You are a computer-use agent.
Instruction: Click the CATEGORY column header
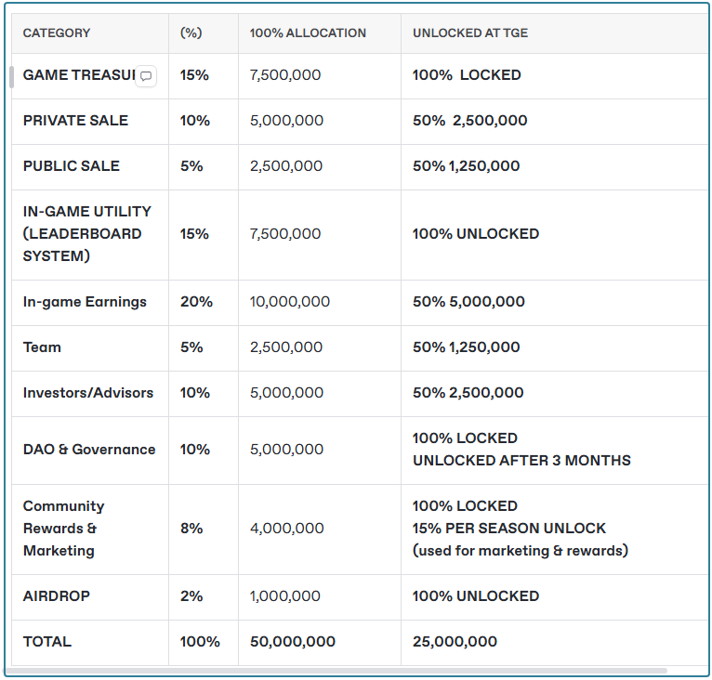click(x=57, y=33)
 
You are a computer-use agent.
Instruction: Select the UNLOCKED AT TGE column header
click(x=470, y=33)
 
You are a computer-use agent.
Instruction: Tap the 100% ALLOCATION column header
click(x=308, y=33)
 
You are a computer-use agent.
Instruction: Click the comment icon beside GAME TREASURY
click(x=146, y=76)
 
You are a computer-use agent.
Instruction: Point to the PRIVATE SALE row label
click(x=75, y=121)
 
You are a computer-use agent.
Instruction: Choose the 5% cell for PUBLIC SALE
click(x=191, y=166)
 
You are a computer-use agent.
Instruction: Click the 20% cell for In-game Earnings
click(x=196, y=302)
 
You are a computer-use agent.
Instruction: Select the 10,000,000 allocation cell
click(x=290, y=302)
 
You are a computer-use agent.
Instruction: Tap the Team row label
click(x=42, y=347)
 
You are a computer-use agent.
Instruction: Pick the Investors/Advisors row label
click(x=88, y=393)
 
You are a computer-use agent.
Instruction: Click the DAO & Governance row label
click(x=89, y=450)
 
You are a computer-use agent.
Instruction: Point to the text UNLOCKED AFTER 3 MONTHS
click(x=521, y=461)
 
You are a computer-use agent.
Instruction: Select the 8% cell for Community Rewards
click(x=191, y=529)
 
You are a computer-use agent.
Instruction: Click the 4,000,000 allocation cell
click(x=287, y=529)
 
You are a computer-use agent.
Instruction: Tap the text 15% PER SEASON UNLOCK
click(x=509, y=529)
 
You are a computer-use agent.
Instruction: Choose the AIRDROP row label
click(x=57, y=596)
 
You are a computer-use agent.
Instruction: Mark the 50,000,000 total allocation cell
click(x=293, y=642)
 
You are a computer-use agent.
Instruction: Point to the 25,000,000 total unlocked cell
click(x=455, y=642)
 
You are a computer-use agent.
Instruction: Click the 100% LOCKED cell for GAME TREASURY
click(x=467, y=75)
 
